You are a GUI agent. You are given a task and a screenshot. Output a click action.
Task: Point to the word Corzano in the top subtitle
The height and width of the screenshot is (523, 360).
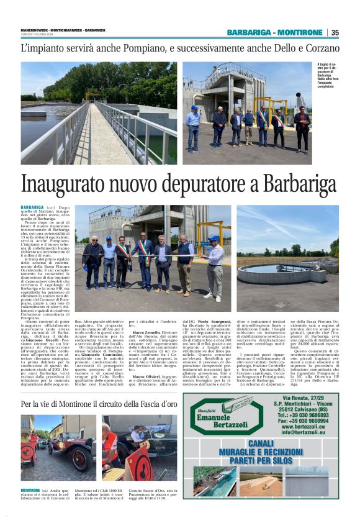[x=317, y=48]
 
